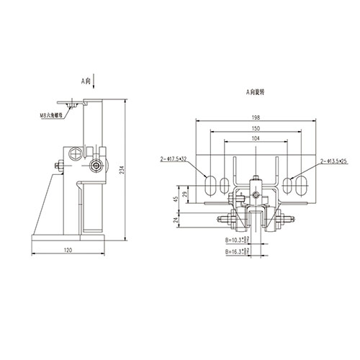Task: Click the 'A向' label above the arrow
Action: tap(86, 81)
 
